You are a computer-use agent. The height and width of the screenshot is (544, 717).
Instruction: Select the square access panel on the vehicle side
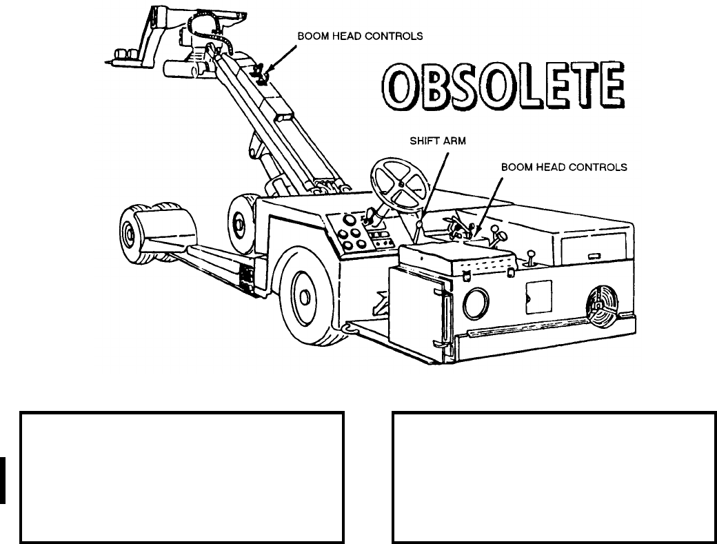click(x=538, y=297)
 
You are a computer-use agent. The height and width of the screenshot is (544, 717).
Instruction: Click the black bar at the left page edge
click(x=3, y=480)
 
